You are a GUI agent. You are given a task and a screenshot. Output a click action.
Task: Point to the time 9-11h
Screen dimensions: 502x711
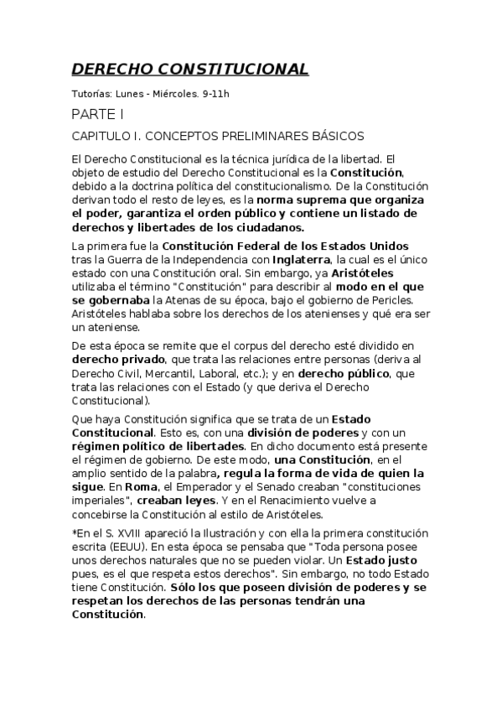click(x=215, y=93)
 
